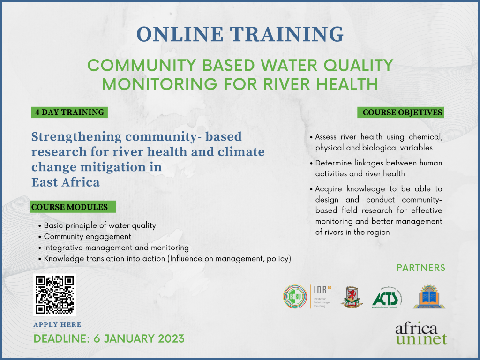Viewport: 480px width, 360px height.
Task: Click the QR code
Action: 55,295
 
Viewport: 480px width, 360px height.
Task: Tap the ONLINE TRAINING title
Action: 240,34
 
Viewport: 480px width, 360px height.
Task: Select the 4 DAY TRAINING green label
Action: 68,112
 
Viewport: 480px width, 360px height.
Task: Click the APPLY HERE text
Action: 58,324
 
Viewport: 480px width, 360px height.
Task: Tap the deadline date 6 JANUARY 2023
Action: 136,338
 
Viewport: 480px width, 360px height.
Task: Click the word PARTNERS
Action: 421,268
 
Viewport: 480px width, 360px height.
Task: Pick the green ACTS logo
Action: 386,297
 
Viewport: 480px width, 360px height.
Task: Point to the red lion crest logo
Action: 352,297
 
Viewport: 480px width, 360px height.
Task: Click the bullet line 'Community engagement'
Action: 88,237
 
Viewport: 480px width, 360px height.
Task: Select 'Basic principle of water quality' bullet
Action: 100,226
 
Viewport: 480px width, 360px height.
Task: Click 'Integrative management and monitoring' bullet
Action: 116,247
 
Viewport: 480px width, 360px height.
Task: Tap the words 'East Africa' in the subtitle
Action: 66,182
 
